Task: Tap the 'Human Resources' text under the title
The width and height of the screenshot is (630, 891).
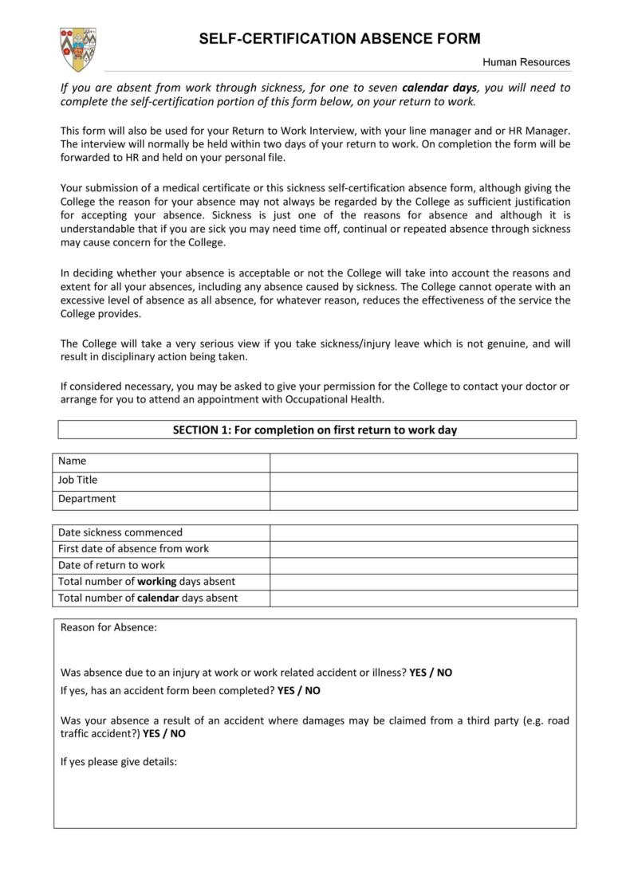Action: [x=526, y=62]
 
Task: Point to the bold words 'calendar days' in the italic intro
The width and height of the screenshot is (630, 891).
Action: [x=439, y=88]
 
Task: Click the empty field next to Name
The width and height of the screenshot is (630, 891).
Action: [x=423, y=461]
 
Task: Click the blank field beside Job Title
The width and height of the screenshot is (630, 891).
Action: [x=423, y=481]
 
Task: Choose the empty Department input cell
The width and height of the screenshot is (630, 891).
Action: [x=423, y=500]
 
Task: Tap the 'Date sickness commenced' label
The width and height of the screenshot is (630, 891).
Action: [x=120, y=532]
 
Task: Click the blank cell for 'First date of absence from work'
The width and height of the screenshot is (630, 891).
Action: [x=423, y=549]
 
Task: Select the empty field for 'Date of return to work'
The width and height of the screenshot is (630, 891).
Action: [x=423, y=566]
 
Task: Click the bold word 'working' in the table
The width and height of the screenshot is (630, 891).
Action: [x=157, y=582]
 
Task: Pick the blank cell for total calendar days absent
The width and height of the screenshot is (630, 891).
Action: [x=423, y=599]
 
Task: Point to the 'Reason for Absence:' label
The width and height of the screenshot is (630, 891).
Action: [x=108, y=627]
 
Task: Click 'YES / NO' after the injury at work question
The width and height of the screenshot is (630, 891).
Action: [x=431, y=673]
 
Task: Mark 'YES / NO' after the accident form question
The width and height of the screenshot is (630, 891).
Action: [x=299, y=690]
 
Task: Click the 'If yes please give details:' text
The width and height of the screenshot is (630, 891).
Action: [x=118, y=761]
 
